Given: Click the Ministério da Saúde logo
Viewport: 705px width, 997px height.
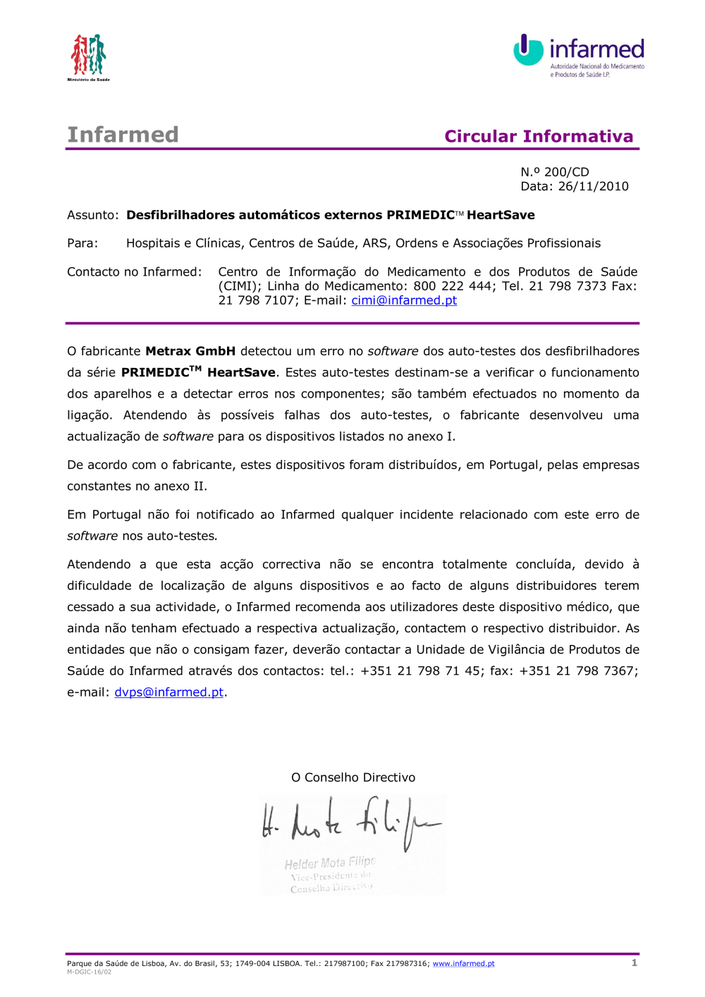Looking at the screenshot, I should [x=88, y=56].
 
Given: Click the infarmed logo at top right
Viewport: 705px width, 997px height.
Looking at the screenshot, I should [x=579, y=55].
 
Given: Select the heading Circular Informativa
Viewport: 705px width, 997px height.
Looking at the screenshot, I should [x=539, y=136].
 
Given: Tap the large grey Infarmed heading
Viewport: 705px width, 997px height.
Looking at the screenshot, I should [x=123, y=135].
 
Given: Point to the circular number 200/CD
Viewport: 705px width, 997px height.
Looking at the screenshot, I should [x=566, y=172].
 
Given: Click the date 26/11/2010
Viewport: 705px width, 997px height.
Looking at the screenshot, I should [x=593, y=186].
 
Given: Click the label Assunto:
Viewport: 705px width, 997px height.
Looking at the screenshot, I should [x=93, y=215].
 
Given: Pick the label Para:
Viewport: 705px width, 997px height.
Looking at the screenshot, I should [x=82, y=243].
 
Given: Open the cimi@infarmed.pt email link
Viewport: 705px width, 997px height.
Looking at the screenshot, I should [x=404, y=300].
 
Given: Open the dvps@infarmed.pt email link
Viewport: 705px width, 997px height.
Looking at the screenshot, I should [x=168, y=692].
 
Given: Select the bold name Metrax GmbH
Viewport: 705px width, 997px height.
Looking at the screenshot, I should [x=190, y=351].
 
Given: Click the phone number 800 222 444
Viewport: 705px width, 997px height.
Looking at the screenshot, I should [x=454, y=286].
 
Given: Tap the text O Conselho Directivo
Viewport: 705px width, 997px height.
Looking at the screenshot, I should [x=353, y=778].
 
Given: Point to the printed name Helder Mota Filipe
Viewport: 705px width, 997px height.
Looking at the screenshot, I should [x=330, y=863].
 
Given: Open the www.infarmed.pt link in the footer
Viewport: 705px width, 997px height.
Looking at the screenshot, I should [x=463, y=964].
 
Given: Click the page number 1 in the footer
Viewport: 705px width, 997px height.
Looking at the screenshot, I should [x=634, y=962].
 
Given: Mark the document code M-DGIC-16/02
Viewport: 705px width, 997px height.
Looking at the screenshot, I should [x=89, y=972].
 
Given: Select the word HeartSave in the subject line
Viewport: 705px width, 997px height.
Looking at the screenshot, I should [x=501, y=215].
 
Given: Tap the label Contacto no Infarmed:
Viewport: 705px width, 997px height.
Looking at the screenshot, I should [x=134, y=272].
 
